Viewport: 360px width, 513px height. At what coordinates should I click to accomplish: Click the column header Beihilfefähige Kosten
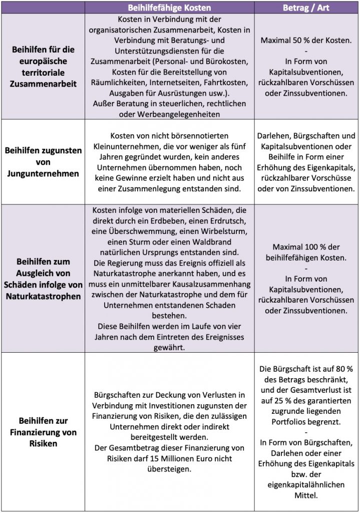pos(170,8)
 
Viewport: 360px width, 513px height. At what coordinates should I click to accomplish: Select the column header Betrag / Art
pos(307,8)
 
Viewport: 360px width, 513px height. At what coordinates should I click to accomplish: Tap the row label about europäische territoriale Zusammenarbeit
pos(44,66)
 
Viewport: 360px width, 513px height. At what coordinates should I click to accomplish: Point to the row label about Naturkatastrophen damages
pos(44,279)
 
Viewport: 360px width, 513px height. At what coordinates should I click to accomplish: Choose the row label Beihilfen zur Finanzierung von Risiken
pos(44,432)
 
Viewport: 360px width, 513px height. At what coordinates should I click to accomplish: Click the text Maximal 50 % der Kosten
pos(307,40)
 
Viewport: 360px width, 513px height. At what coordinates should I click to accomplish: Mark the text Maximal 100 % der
pos(307,247)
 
